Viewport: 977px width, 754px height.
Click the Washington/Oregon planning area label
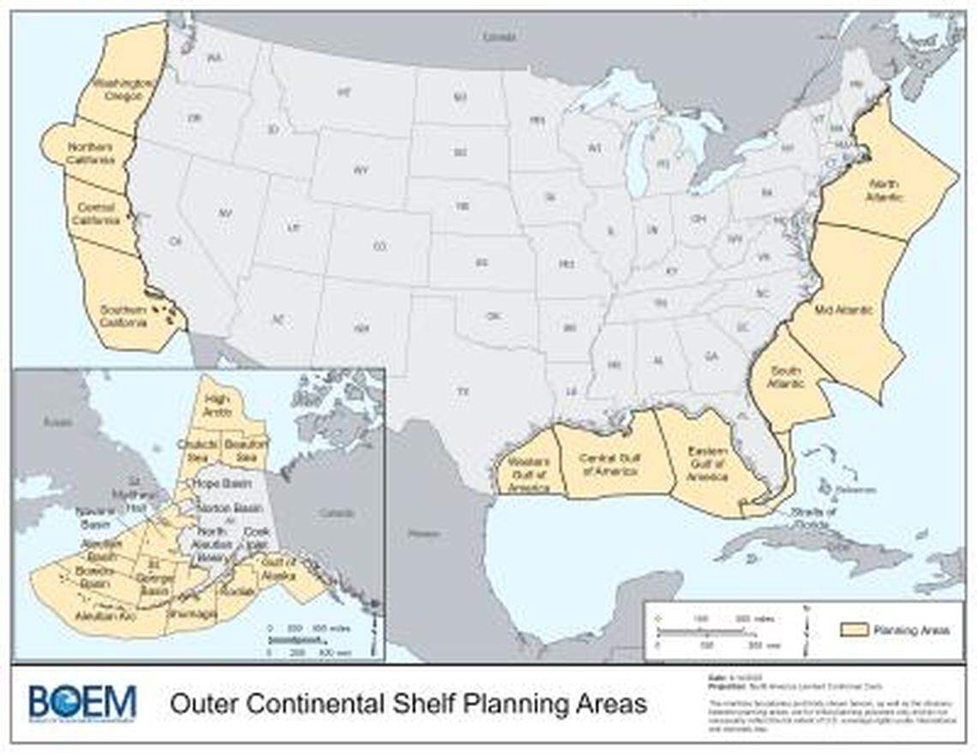coord(124,89)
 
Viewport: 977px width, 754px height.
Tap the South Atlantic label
coord(786,377)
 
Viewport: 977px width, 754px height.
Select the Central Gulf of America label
coord(611,464)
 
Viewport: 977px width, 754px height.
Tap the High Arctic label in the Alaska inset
coord(218,405)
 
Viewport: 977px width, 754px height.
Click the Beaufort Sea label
coord(246,450)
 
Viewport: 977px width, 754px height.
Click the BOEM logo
coord(82,703)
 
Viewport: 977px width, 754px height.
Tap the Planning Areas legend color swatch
coord(852,630)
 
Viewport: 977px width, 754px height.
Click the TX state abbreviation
coord(463,392)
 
